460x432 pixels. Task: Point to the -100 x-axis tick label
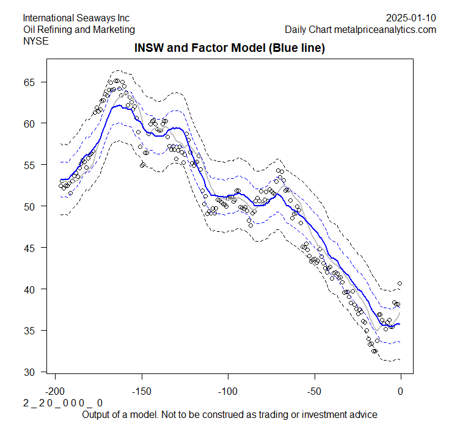228,391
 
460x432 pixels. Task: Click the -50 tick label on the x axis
314,391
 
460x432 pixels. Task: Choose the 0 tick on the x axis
401,391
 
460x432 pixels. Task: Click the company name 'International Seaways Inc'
76,18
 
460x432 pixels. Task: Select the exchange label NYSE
35,41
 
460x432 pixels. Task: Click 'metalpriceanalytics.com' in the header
385,29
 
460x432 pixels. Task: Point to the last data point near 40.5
400,283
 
